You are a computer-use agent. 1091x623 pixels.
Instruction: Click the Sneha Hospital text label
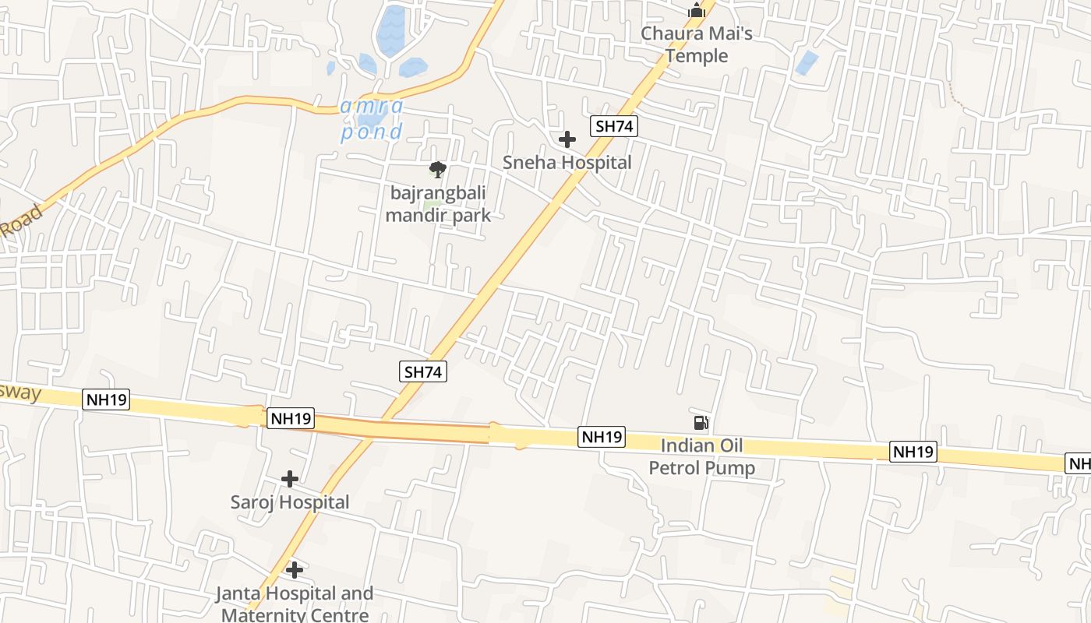pos(567,163)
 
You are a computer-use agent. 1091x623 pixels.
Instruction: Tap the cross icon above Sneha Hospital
pos(567,139)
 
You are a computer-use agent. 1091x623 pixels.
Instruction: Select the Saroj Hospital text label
pos(290,502)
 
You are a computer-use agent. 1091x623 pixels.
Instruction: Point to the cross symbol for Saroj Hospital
pos(290,478)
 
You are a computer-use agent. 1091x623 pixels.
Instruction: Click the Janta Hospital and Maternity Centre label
pos(295,604)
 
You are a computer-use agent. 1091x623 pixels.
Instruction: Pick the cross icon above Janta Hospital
pos(294,570)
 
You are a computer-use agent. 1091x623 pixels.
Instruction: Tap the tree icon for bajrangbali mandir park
pos(438,169)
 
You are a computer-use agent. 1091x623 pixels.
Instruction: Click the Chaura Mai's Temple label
pos(696,44)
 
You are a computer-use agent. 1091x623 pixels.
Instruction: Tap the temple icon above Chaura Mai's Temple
pos(696,10)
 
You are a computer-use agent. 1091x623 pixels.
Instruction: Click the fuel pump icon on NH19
pos(701,423)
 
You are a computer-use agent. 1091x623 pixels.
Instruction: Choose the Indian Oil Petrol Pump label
pos(702,457)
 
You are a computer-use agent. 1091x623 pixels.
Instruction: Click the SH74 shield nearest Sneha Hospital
pos(614,126)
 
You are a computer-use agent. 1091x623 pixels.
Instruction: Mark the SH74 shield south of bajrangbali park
pos(423,371)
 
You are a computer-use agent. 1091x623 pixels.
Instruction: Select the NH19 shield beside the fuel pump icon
pos(602,437)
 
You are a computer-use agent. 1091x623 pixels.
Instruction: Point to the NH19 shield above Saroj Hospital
pos(290,418)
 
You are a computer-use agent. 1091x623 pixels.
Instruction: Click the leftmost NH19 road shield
pos(106,400)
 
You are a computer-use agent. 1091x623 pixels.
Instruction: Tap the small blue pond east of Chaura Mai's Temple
pos(807,62)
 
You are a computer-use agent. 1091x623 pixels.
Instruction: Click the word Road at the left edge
pos(21,221)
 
